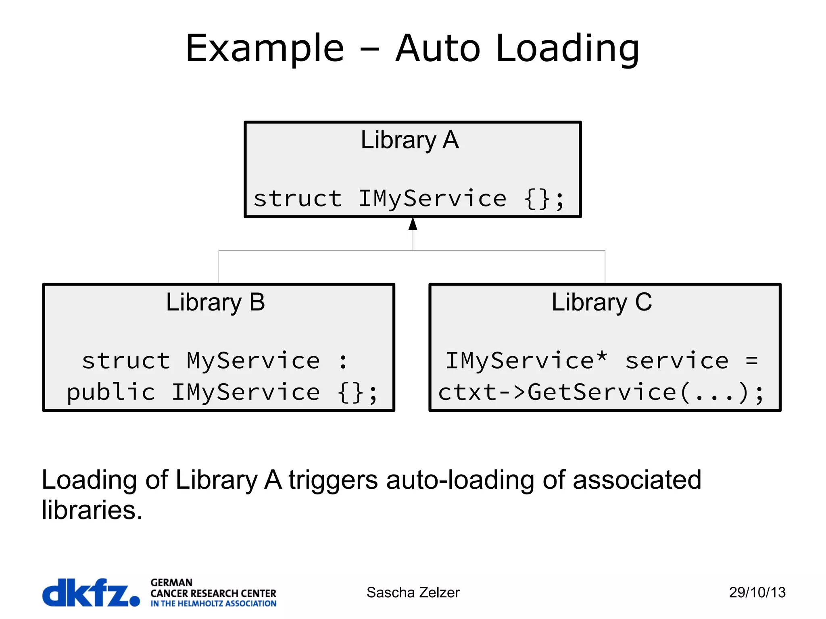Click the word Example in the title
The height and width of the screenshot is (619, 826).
[x=265, y=48]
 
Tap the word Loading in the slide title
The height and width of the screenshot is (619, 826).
[x=567, y=48]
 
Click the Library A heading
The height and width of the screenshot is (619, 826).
[x=409, y=140]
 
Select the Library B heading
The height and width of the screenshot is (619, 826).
[x=215, y=302]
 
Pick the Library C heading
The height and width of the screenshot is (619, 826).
[x=601, y=302]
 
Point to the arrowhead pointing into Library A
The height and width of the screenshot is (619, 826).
[x=413, y=224]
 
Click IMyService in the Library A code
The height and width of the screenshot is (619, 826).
[x=432, y=198]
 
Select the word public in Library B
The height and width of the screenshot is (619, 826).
[x=111, y=392]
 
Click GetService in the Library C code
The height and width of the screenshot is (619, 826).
[x=602, y=392]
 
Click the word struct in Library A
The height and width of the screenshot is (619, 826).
[x=298, y=198]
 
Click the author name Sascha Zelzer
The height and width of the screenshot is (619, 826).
[x=413, y=592]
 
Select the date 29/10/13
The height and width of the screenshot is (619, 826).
[x=757, y=592]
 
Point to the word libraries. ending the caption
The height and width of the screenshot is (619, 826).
[x=92, y=510]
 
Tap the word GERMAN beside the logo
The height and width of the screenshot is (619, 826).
[x=171, y=582]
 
